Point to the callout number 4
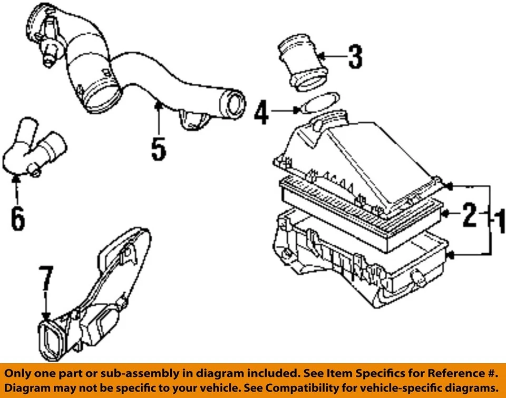pyautogui.click(x=262, y=113)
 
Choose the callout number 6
pyautogui.click(x=17, y=219)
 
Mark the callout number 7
pyautogui.click(x=46, y=280)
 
